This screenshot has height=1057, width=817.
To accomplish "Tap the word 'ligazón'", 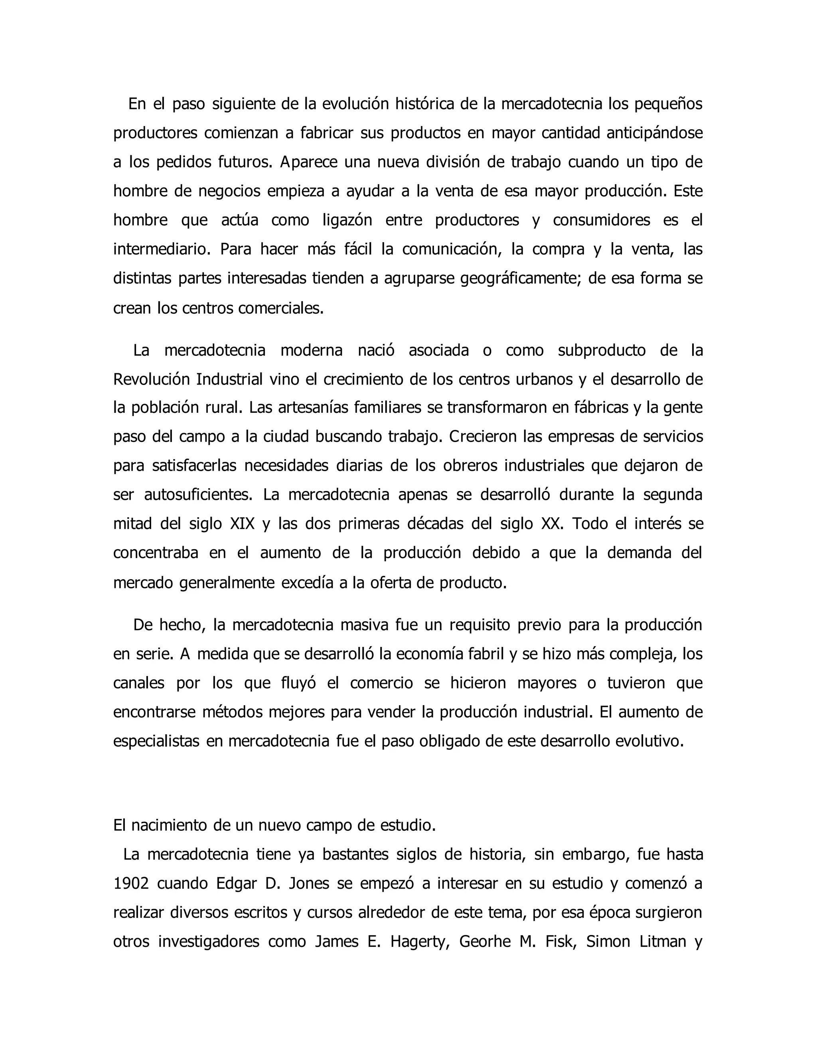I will click(x=347, y=221).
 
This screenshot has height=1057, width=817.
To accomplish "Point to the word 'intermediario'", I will click(x=162, y=250).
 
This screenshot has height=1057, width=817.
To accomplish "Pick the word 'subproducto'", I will click(x=601, y=350).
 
